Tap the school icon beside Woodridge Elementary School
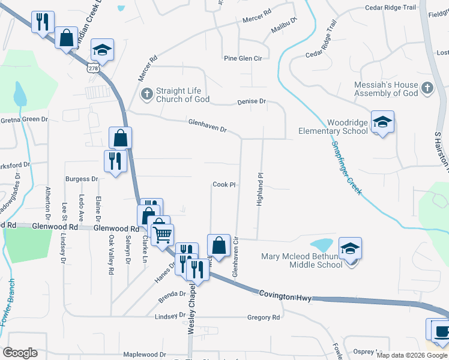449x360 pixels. (x=382, y=122)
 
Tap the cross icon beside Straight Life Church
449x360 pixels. (x=146, y=94)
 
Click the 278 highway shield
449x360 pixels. (x=92, y=68)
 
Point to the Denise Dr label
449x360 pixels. (x=251, y=101)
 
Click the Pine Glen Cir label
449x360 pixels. (x=243, y=58)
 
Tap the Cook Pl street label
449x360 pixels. (x=223, y=185)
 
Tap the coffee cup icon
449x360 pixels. (x=441, y=331)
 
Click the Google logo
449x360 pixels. (x=20, y=353)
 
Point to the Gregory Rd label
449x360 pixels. (x=268, y=317)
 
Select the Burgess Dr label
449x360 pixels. (x=82, y=179)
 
